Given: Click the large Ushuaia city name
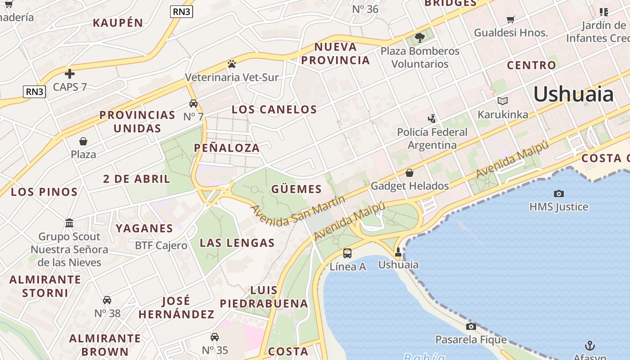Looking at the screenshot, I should (x=573, y=94).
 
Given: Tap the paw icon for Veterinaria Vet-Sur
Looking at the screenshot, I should (x=232, y=64).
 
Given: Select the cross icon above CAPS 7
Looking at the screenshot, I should (x=70, y=73).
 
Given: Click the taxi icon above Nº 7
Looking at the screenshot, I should (x=193, y=103).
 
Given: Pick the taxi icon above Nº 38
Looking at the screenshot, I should (x=107, y=300).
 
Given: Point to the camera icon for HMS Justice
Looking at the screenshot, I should (x=559, y=193).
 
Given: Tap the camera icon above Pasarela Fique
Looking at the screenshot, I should (x=471, y=326).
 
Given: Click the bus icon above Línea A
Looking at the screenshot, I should (x=347, y=253).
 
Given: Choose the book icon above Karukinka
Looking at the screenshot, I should (x=503, y=101).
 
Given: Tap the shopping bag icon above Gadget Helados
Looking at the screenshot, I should (x=409, y=173).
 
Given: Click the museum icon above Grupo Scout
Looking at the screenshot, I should (x=69, y=223).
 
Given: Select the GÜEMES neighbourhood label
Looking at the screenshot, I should (x=297, y=189).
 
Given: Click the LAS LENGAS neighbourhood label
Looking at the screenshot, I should (x=237, y=243).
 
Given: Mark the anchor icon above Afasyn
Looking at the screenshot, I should (x=589, y=346).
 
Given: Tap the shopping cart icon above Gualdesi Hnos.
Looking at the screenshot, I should (x=511, y=19).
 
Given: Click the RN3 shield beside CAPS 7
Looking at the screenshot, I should (x=35, y=92).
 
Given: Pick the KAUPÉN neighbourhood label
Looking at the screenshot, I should (x=118, y=22).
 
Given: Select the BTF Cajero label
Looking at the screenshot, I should (x=161, y=246).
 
